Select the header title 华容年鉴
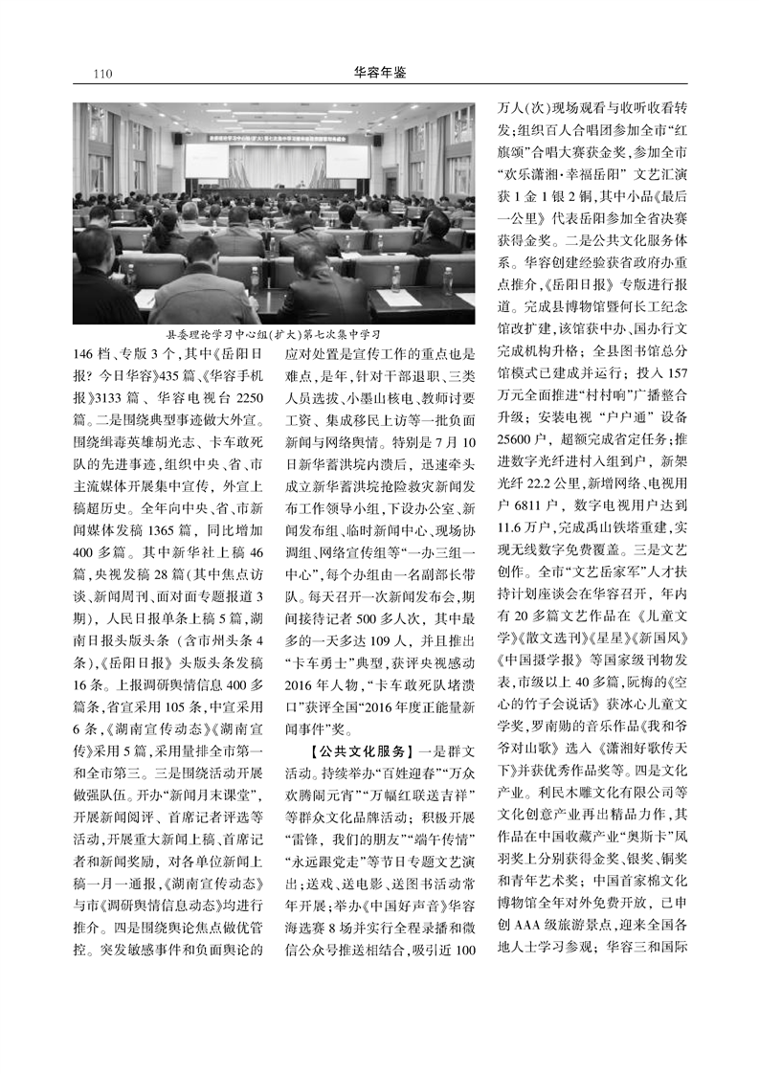[x=379, y=71]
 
